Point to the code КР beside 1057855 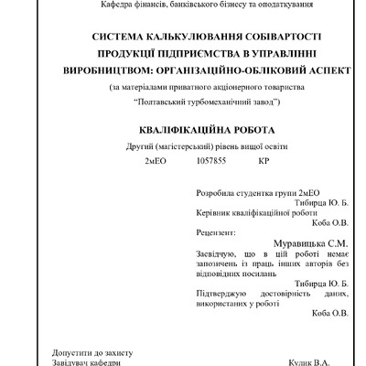coord(264,162)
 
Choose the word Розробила coord(216,193)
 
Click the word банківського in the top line coord(167,5)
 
